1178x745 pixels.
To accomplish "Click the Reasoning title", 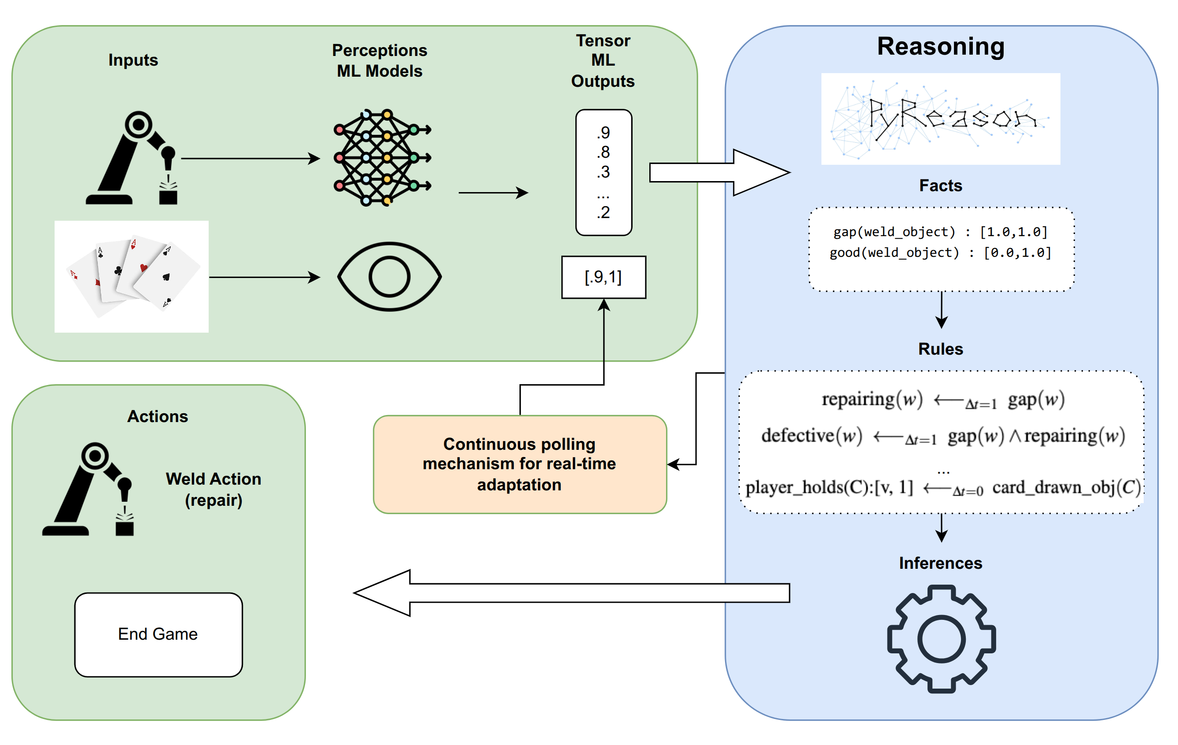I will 940,47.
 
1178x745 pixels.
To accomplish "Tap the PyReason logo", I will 940,119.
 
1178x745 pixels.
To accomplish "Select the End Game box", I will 158,634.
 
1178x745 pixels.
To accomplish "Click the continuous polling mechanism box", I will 519,464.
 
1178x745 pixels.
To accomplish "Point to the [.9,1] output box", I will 603,277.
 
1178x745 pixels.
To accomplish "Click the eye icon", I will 390,277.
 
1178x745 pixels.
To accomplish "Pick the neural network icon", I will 382,158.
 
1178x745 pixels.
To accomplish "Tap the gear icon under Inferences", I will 941,639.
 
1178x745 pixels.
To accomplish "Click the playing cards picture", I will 132,277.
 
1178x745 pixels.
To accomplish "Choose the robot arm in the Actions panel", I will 88,489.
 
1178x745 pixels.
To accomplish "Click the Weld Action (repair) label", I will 214,489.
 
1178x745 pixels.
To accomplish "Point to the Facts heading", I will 940,185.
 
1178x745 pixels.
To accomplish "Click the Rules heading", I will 940,349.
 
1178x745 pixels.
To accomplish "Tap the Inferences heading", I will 940,563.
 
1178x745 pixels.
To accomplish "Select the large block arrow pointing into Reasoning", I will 719,173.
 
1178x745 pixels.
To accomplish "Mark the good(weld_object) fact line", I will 940,252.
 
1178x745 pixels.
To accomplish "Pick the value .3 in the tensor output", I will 603,172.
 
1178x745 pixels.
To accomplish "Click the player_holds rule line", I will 942,488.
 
